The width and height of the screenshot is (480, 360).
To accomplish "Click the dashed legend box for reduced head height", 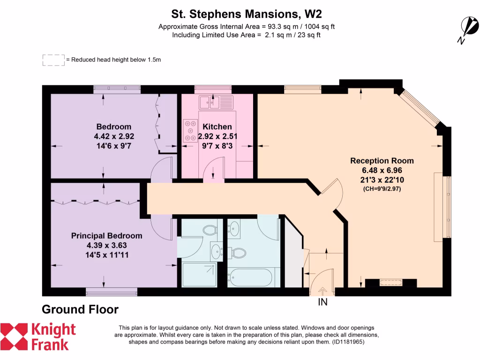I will (x=53, y=60).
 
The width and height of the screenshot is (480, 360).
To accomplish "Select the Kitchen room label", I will (x=217, y=127).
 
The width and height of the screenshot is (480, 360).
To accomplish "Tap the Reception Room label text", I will (x=382, y=161).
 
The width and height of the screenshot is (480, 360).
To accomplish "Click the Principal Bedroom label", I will (x=106, y=236).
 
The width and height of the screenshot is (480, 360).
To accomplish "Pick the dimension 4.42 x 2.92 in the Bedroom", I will (x=113, y=136).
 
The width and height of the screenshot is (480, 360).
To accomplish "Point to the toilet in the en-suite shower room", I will (x=209, y=230).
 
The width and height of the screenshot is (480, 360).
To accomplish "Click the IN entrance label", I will (x=322, y=302).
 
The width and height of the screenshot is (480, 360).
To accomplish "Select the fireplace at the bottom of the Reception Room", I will (x=390, y=283).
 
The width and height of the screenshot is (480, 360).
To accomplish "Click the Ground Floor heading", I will (x=80, y=309).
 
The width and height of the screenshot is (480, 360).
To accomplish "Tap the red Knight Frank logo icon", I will (x=14, y=337).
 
